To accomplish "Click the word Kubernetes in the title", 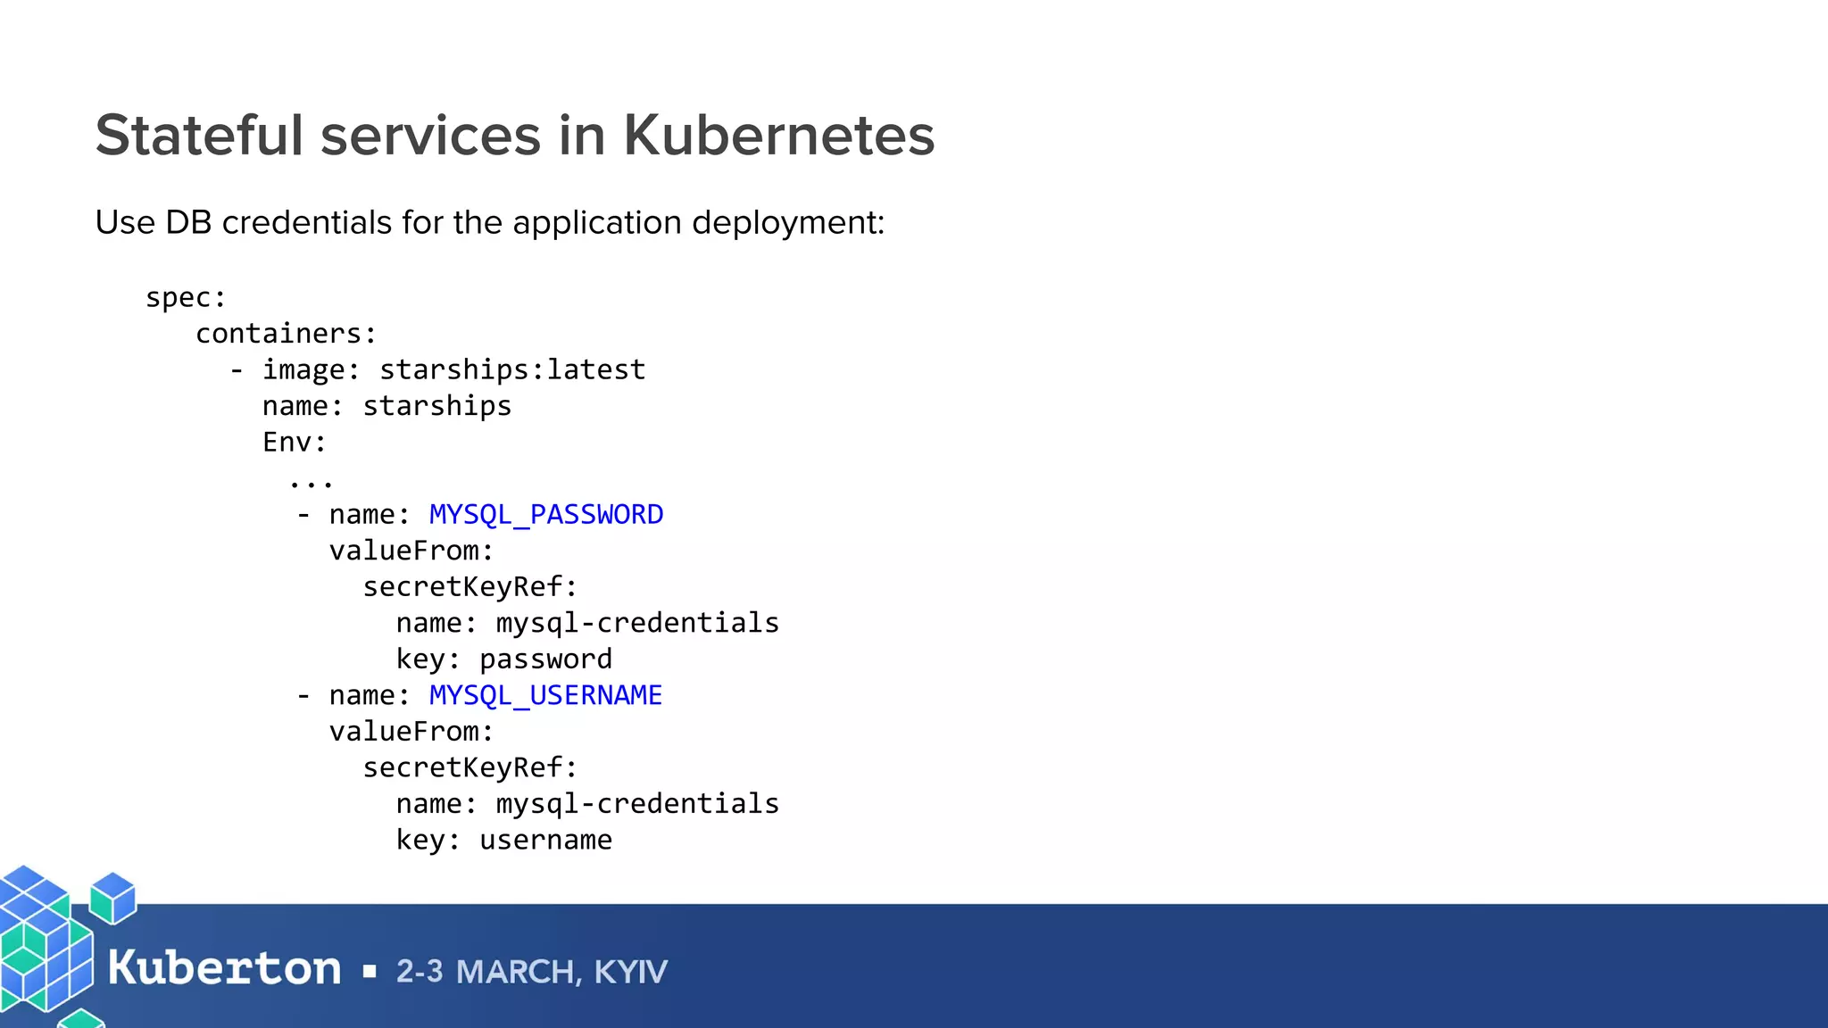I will coord(778,136).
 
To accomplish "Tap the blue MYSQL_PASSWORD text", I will coord(546,515).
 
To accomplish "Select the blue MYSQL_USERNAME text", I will coord(545,695).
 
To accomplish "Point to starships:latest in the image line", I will coord(512,369).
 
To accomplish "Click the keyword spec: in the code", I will coord(186,297).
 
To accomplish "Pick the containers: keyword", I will coord(286,334).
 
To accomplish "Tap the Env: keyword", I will coord(295,442).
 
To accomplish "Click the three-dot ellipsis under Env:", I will coord(311,483).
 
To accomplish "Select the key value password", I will coord(545,659).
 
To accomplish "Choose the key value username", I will coord(545,840).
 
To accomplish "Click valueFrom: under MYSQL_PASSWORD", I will coord(411,551).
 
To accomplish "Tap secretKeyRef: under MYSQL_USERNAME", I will coord(469,767).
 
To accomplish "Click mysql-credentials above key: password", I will coord(637,623).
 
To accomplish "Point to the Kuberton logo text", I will coord(224,968).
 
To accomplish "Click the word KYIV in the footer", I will coord(630,972).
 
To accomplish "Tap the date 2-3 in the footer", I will coord(420,972).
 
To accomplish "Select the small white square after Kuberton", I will coord(370,972).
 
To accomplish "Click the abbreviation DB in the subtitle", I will coord(187,222).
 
